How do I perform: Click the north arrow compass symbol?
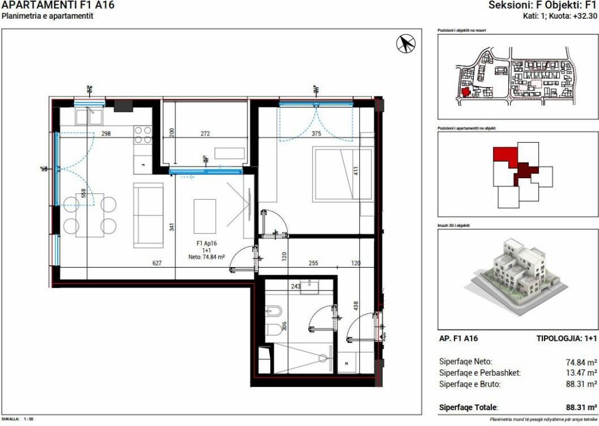405,43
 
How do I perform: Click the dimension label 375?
317,133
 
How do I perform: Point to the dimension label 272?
205,134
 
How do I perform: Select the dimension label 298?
106,134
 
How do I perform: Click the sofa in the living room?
149,214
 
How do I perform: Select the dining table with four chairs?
90,214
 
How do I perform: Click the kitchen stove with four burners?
143,135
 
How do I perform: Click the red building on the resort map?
466,92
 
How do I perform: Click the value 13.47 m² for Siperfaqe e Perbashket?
583,372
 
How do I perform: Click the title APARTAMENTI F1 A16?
58,5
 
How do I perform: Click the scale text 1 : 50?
28,419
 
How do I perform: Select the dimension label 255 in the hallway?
314,264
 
